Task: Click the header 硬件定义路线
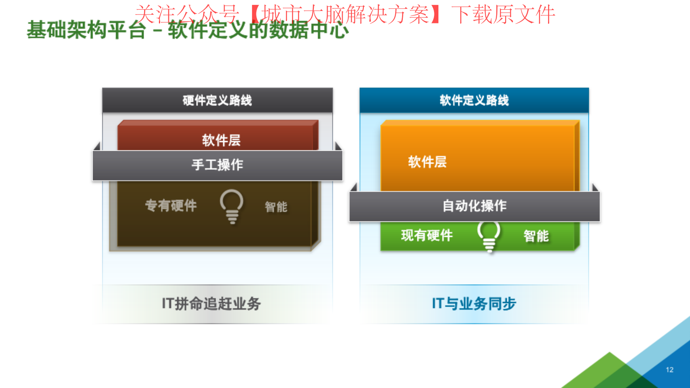(217, 100)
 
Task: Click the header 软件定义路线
(474, 100)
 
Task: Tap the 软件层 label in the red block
(221, 140)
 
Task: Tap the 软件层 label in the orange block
(427, 162)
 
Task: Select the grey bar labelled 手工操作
(218, 165)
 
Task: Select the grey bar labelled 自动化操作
(474, 206)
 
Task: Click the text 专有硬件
(171, 205)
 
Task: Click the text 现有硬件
(427, 236)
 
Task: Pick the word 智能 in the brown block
(276, 207)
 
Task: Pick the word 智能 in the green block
(536, 236)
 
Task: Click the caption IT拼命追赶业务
(211, 304)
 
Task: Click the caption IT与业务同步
(474, 304)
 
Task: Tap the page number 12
(670, 370)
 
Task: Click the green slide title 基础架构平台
(86, 30)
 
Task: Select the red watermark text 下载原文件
(503, 14)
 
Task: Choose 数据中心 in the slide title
(309, 30)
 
